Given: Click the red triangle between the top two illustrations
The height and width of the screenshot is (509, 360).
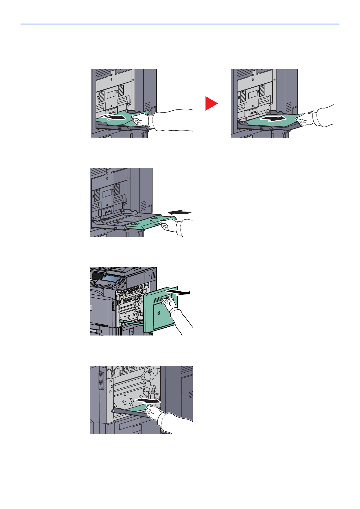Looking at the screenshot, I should tap(211, 103).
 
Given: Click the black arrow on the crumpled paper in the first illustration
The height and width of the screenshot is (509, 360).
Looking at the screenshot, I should tap(113, 117).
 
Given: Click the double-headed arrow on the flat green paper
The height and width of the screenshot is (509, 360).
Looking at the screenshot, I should tap(273, 118).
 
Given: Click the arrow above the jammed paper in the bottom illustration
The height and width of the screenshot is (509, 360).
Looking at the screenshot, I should tap(148, 400).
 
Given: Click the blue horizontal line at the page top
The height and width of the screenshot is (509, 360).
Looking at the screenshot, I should tap(180, 24).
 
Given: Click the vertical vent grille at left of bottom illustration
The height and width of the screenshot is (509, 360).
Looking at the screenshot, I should tap(101, 381).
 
